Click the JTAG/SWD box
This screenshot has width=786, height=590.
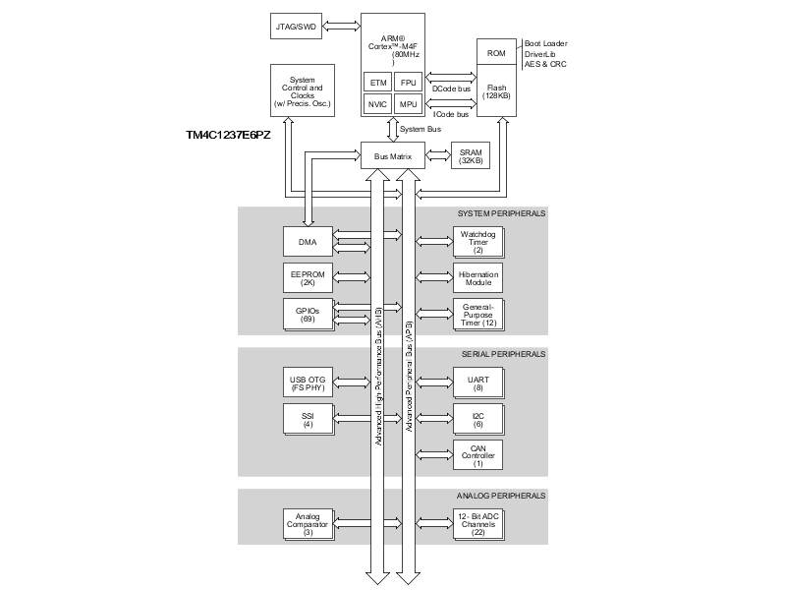point(297,26)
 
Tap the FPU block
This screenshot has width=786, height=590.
point(409,82)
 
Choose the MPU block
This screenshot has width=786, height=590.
point(409,104)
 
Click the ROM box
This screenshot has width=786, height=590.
point(495,53)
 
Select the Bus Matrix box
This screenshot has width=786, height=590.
point(392,156)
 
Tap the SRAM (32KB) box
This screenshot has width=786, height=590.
point(471,156)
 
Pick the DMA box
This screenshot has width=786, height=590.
point(308,239)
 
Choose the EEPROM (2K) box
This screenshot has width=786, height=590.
point(308,276)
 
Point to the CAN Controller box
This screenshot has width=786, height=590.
point(477,454)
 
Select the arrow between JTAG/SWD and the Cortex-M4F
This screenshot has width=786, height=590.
point(343,26)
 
